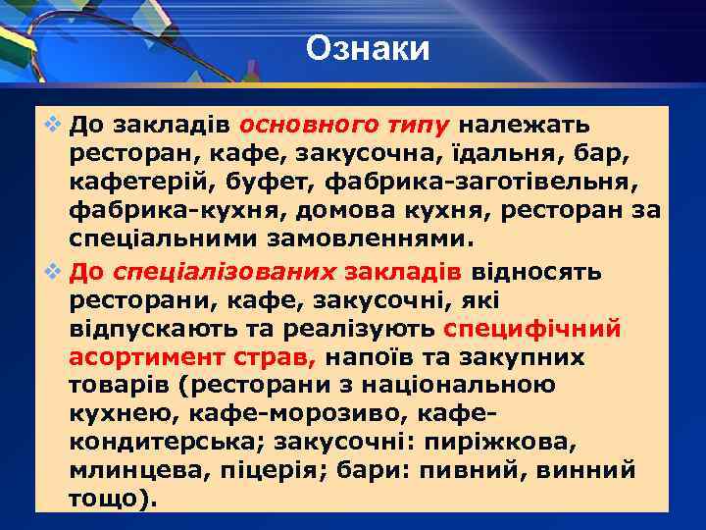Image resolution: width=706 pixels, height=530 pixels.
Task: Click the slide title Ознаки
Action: (x=368, y=48)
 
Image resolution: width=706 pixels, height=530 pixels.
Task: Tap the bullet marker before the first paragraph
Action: (x=51, y=127)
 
